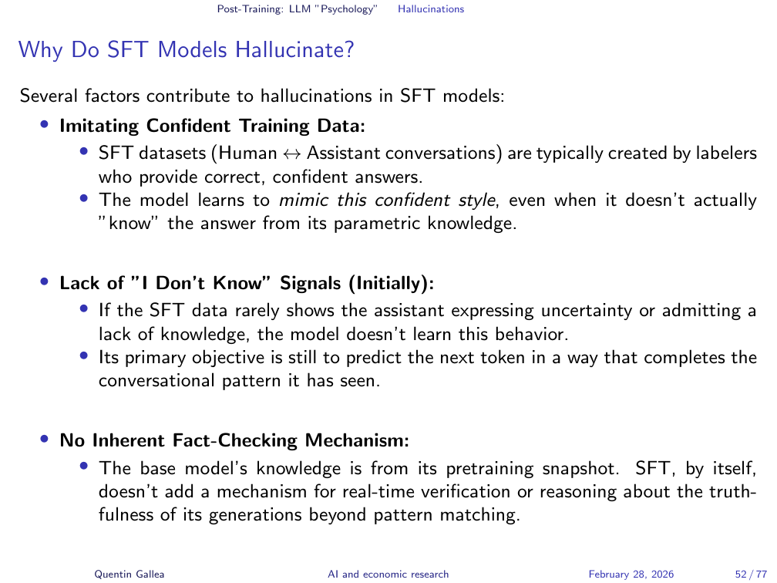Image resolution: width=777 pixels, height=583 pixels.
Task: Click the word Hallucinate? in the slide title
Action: coord(294,51)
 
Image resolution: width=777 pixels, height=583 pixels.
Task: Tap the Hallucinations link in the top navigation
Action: coord(431,9)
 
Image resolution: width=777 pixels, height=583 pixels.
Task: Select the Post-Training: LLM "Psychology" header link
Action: coord(298,9)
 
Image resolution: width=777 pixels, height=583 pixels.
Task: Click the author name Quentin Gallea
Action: coord(129,574)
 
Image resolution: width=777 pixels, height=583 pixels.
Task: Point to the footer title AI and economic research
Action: coord(388,574)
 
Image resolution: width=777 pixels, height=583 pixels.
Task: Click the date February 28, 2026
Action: coord(631,574)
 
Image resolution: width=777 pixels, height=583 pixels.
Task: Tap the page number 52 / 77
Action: coord(751,574)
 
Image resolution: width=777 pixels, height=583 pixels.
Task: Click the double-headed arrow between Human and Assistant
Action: coord(292,153)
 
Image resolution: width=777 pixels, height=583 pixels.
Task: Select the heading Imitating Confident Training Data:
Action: coord(213,126)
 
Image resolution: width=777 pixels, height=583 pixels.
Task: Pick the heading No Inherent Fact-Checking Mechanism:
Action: coord(234,440)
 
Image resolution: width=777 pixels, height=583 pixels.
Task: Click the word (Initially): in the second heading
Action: coord(392,283)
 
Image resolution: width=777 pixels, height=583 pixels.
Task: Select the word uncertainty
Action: coord(586,311)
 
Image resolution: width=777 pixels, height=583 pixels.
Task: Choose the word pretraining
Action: coord(489,469)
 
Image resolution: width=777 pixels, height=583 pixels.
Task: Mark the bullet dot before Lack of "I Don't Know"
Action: coord(45,282)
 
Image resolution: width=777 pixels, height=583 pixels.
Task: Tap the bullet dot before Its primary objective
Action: coord(84,356)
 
